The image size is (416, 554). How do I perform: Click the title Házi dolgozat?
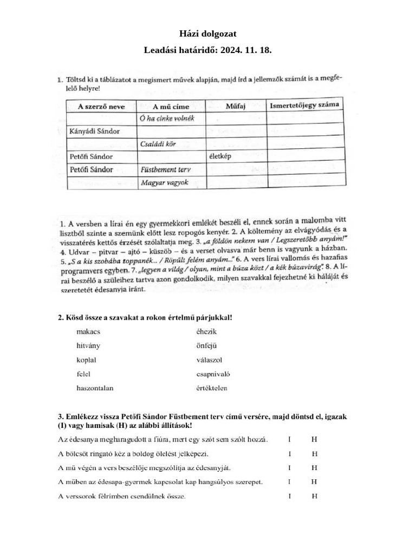(x=207, y=34)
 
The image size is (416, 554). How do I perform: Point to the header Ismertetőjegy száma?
(x=304, y=104)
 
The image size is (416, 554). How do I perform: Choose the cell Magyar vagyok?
(x=164, y=183)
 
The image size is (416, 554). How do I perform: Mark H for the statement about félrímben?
(x=314, y=496)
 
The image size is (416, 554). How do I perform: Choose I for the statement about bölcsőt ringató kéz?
(x=290, y=453)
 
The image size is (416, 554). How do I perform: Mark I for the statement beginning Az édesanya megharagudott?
(x=290, y=439)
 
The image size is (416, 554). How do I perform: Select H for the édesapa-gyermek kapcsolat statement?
(x=314, y=482)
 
